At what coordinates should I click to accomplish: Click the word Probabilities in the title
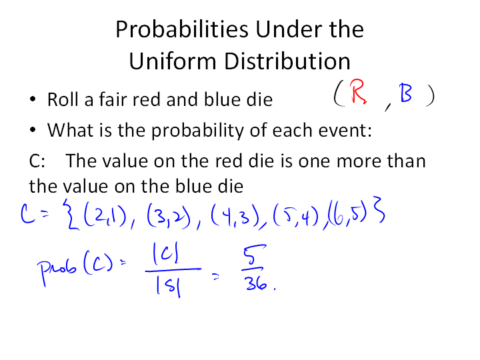pos(182,29)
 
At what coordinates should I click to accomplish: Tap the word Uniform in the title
pos(173,61)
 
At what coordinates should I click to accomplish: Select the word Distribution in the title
pos(287,61)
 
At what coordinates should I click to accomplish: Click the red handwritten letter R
pos(358,91)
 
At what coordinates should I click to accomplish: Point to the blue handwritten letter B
pos(405,93)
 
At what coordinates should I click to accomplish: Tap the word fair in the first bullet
pos(113,99)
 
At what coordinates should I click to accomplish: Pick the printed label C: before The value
pos(37,161)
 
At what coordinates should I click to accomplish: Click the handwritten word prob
pos(57,270)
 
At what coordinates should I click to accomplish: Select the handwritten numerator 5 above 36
pos(254,255)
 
